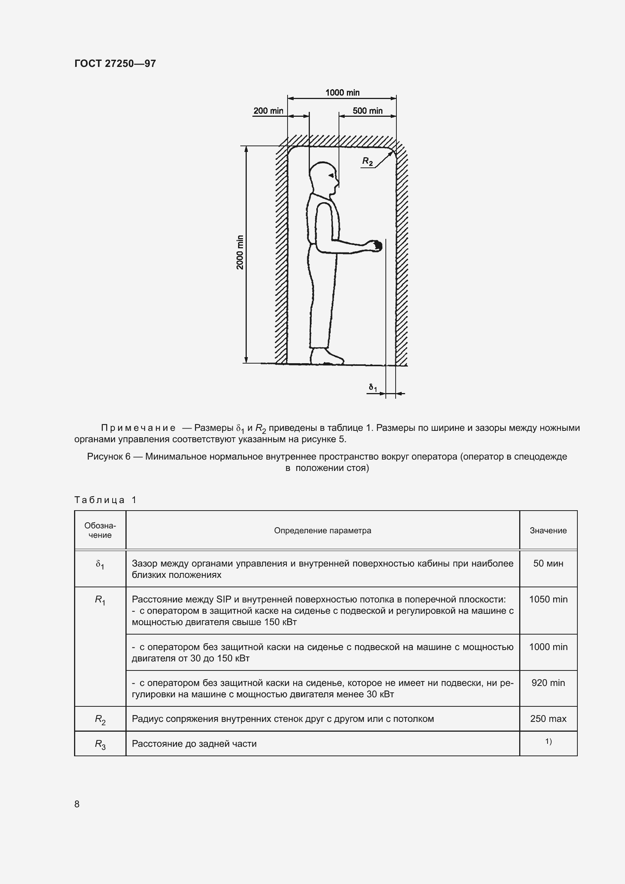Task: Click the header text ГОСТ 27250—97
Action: [115, 63]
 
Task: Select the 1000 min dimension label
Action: [342, 92]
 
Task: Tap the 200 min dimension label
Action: [268, 111]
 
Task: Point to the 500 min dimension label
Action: [368, 111]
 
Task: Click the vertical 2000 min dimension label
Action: [240, 252]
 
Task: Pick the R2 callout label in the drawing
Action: [367, 161]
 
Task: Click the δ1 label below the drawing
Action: [373, 387]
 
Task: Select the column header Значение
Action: [548, 531]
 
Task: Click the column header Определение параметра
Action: [322, 531]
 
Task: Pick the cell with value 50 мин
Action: [548, 563]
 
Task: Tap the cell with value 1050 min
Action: [548, 599]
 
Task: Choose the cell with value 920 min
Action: [548, 683]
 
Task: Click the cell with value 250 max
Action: [548, 718]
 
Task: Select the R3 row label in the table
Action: [100, 744]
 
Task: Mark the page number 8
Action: [77, 804]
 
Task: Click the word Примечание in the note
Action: [138, 428]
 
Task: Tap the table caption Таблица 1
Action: [105, 500]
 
